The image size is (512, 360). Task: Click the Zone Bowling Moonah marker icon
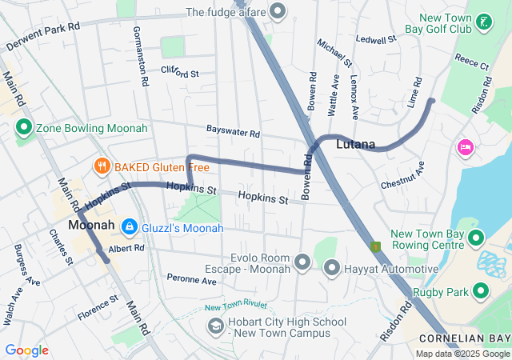(23, 128)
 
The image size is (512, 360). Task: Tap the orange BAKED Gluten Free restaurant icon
(102, 166)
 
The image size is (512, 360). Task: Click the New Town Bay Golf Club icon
(483, 22)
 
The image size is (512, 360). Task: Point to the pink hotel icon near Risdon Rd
(465, 147)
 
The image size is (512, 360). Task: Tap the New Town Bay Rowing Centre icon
(476, 238)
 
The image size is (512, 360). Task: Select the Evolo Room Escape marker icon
(302, 262)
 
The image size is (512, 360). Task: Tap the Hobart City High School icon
(215, 326)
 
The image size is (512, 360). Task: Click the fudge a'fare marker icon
(278, 11)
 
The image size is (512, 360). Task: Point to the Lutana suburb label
(355, 145)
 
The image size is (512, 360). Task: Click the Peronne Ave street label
(192, 280)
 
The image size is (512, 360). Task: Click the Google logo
(27, 350)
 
